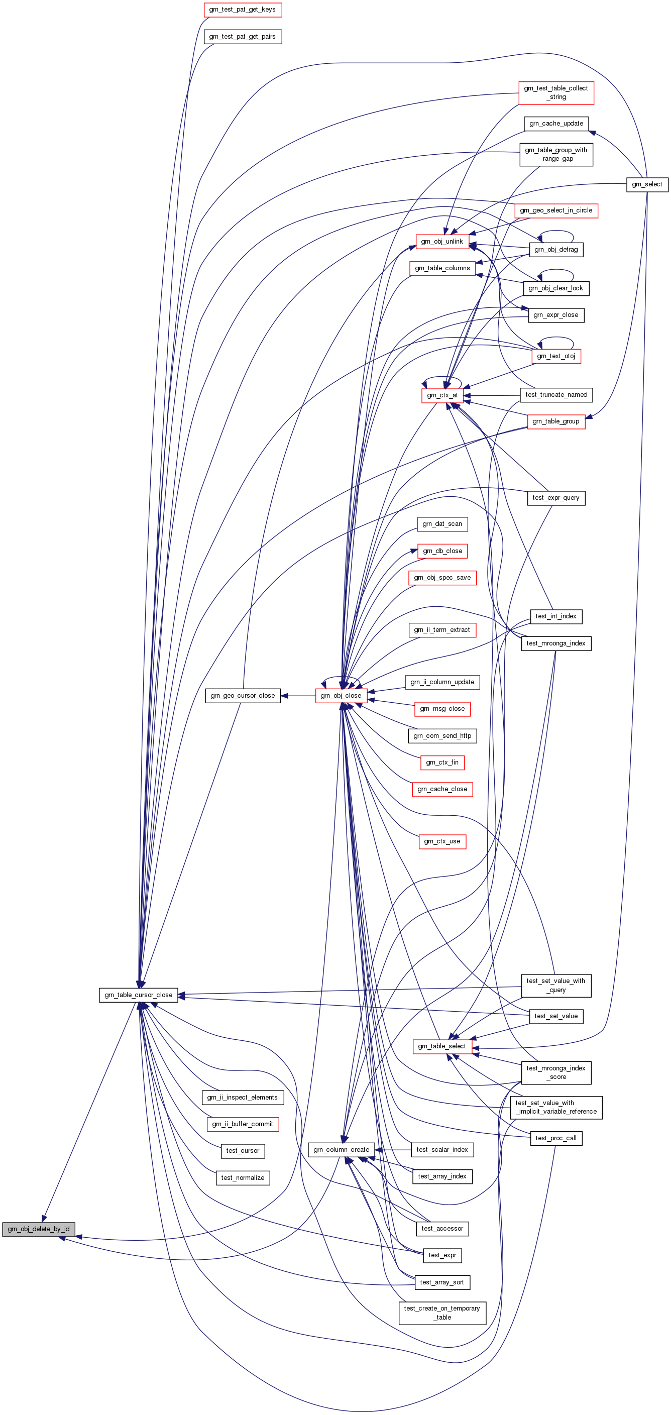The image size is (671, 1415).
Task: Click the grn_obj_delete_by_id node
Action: point(39,1229)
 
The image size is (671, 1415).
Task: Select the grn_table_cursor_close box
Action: point(139,995)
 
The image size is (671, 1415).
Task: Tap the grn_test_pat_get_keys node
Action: point(242,10)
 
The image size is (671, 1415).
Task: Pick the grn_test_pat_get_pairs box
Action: point(242,37)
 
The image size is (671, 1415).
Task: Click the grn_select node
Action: point(647,184)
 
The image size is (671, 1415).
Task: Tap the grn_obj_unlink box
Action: point(442,242)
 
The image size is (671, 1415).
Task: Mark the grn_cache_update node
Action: point(556,124)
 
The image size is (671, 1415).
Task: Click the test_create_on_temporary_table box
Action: point(442,1313)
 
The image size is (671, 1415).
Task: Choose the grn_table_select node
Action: point(441,1046)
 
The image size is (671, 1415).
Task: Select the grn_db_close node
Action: point(442,551)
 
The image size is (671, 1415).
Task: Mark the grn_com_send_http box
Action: point(442,735)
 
